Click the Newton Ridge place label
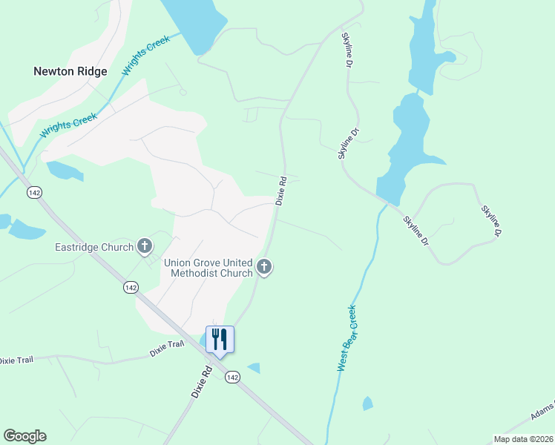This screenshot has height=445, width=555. pyautogui.click(x=70, y=72)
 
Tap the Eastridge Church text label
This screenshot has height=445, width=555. pyautogui.click(x=93, y=247)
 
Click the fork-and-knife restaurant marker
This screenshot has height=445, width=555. pyautogui.click(x=220, y=339)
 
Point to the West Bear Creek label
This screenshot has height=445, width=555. pyautogui.click(x=347, y=338)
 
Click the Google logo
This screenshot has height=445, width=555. pyautogui.click(x=24, y=436)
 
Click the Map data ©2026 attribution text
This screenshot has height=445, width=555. pyautogui.click(x=522, y=439)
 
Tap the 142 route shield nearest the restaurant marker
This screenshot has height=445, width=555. pyautogui.click(x=232, y=378)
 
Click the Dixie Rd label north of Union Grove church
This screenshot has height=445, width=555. pyautogui.click(x=281, y=191)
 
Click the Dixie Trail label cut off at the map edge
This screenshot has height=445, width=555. pyautogui.click(x=16, y=360)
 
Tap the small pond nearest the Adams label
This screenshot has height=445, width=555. pyautogui.click(x=367, y=404)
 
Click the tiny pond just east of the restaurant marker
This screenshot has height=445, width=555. pyautogui.click(x=254, y=368)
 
